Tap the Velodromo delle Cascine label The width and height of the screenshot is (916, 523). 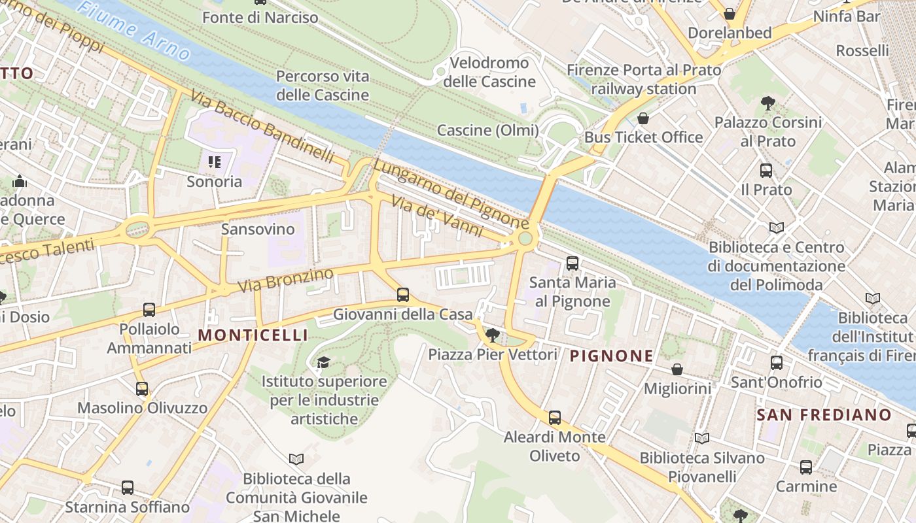click(489, 73)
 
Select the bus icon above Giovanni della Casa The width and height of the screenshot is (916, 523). click(403, 295)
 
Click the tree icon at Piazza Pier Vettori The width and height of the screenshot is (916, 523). click(493, 335)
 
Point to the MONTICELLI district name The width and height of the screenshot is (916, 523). click(253, 335)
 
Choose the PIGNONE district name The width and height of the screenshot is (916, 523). click(611, 356)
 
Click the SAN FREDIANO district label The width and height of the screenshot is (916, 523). click(824, 414)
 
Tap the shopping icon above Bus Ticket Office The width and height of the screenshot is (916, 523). click(643, 118)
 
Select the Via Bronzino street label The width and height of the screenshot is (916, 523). click(285, 280)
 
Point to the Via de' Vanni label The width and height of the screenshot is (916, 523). click(437, 216)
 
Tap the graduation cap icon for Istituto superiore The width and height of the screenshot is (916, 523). click(323, 362)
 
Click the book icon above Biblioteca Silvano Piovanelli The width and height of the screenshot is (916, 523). click(702, 438)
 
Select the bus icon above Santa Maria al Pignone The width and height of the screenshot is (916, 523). click(572, 263)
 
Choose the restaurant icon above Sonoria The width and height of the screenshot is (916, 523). click(215, 161)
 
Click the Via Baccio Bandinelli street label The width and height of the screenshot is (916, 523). click(262, 127)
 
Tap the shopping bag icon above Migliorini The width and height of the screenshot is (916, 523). click(677, 369)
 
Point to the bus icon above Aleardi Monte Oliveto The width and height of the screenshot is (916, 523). click(555, 417)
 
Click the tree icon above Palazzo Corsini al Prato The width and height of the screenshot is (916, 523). click(768, 103)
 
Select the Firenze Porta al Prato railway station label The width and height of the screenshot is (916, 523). click(644, 79)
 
